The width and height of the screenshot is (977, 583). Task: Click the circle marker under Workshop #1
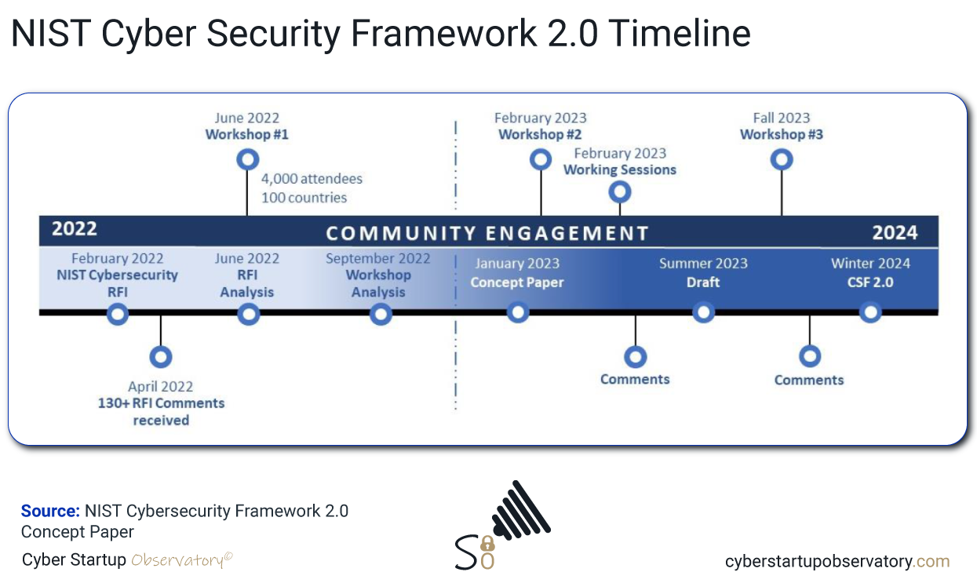(247, 160)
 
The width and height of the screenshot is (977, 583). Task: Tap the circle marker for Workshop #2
(541, 160)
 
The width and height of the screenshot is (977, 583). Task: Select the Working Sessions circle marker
(620, 191)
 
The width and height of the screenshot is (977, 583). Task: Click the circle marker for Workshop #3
(781, 160)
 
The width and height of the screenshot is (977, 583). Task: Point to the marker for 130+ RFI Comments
(161, 357)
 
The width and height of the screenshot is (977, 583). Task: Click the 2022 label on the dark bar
(75, 230)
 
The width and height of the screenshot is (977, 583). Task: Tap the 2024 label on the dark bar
(895, 233)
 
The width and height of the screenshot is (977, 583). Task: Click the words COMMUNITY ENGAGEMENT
(487, 234)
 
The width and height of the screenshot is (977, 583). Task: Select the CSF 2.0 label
(870, 282)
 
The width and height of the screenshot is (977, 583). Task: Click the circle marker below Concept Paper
(518, 312)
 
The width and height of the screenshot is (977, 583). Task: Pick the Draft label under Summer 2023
(703, 282)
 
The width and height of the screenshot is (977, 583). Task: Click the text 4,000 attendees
(312, 179)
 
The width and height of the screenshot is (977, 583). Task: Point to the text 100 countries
(304, 198)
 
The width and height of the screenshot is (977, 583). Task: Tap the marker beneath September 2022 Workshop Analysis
(381, 315)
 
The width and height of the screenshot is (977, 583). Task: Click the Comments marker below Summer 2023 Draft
(635, 357)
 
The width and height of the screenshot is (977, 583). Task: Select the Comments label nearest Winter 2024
(809, 380)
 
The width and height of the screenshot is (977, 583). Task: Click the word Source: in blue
(50, 512)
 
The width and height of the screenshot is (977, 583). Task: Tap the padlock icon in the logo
(487, 545)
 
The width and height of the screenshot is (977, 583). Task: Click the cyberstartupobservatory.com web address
(837, 562)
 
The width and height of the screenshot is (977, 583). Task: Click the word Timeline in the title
(680, 34)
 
